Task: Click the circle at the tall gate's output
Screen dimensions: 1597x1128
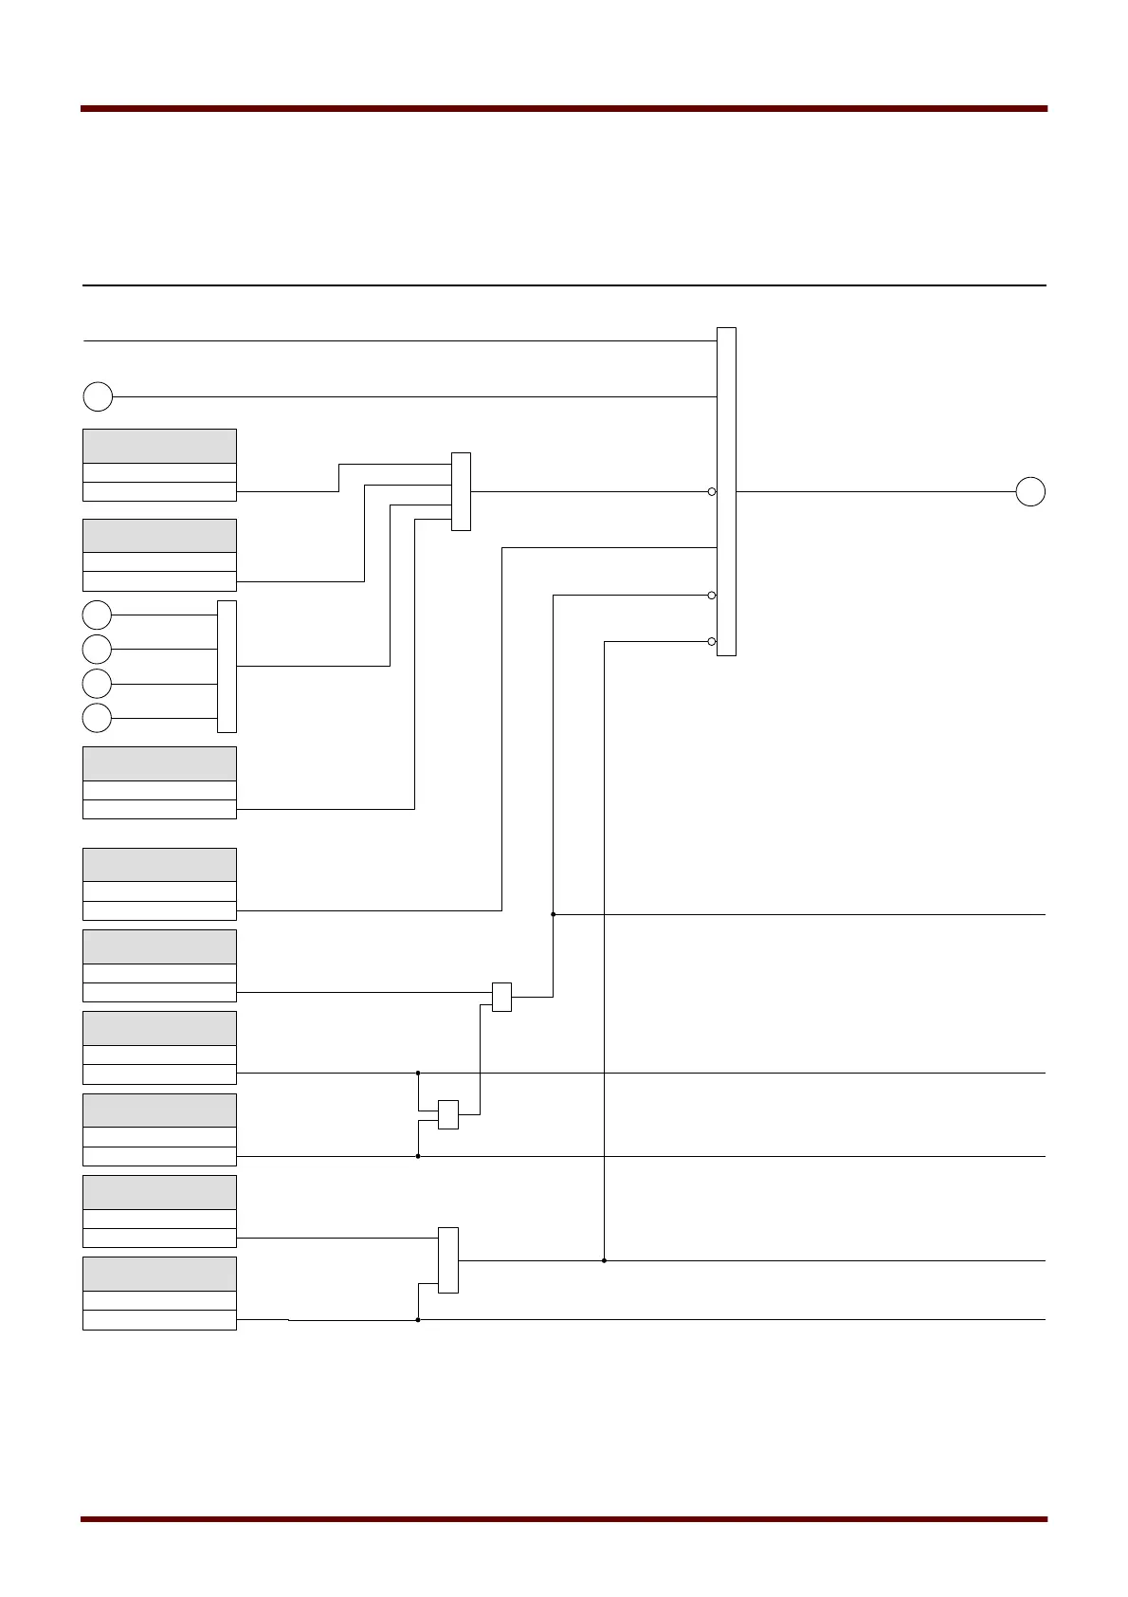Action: pyautogui.click(x=1030, y=492)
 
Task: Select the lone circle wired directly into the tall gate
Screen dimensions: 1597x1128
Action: pyautogui.click(x=98, y=396)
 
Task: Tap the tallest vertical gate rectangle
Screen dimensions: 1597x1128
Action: pyautogui.click(x=726, y=491)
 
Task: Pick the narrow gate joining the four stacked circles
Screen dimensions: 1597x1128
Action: pyautogui.click(x=227, y=666)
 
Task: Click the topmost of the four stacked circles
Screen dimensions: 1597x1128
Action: pyautogui.click(x=97, y=615)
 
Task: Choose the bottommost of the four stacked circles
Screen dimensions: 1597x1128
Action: pyautogui.click(x=97, y=718)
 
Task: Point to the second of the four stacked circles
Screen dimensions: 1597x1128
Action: pyautogui.click(x=97, y=649)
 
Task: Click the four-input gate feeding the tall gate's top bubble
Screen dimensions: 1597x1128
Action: pyautogui.click(x=461, y=491)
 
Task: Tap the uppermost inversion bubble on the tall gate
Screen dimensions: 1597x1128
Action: pyautogui.click(x=712, y=491)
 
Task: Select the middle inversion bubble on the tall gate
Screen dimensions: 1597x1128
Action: pyautogui.click(x=712, y=596)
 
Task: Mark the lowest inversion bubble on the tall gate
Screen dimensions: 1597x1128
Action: pyautogui.click(x=712, y=642)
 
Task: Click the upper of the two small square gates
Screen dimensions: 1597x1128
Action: pyautogui.click(x=501, y=997)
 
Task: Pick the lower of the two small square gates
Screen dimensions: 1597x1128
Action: pyautogui.click(x=448, y=1114)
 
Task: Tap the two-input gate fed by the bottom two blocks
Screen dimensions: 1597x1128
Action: pyautogui.click(x=448, y=1259)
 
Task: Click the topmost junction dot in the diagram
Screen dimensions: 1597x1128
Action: pyautogui.click(x=553, y=914)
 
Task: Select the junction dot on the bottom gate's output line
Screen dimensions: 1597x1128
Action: pyautogui.click(x=604, y=1260)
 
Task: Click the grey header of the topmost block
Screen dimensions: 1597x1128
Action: pyautogui.click(x=159, y=446)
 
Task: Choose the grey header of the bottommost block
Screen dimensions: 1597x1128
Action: pyautogui.click(x=159, y=1274)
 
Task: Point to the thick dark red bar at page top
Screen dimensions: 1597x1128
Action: pyautogui.click(x=564, y=109)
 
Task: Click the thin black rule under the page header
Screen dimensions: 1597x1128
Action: pyautogui.click(x=564, y=285)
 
